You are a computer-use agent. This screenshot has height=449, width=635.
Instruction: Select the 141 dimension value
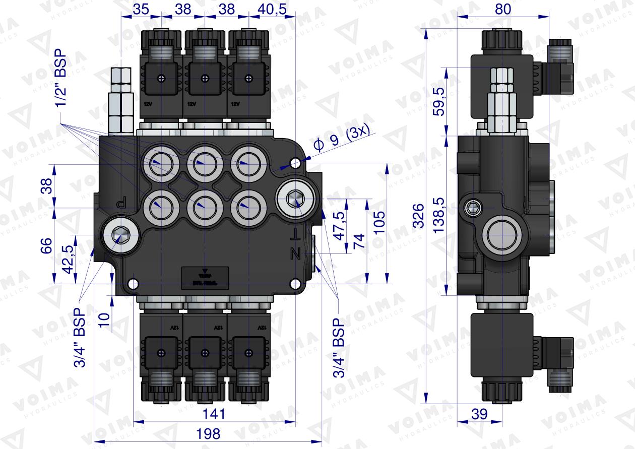(x=214, y=414)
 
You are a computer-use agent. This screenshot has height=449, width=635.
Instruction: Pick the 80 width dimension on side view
(x=503, y=9)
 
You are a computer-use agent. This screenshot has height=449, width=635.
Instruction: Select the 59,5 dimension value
(x=439, y=101)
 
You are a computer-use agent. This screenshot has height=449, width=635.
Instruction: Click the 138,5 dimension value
(x=439, y=216)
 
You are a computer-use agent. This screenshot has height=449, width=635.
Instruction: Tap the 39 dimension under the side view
(x=480, y=414)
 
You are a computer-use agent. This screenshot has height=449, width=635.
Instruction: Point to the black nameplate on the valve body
(x=204, y=277)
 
